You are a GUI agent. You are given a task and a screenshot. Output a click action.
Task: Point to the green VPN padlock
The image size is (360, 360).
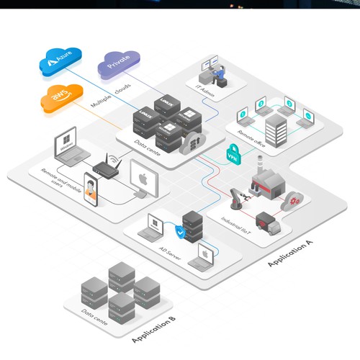click(x=233, y=153)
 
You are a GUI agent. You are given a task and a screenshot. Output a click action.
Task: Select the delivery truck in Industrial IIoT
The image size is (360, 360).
click(x=267, y=224)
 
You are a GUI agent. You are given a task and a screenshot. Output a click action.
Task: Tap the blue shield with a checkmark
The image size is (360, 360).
click(x=179, y=231)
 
